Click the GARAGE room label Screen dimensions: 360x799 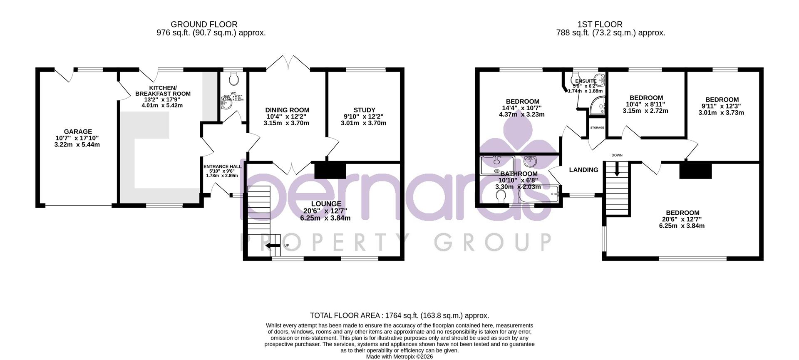point(78,132)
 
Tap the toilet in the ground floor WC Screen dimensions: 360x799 point(234,77)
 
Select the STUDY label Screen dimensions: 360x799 point(364,110)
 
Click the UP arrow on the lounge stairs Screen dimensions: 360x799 point(273,246)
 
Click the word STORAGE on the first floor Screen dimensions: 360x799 point(597,127)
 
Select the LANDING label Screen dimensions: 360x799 point(583,170)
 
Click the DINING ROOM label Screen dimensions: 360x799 point(287,110)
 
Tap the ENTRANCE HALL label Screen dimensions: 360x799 point(222,166)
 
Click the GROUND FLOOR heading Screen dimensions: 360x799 point(204,25)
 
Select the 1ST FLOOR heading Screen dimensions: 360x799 point(610,25)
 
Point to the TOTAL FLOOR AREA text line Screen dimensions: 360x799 point(399,316)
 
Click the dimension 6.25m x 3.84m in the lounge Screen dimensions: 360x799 point(325,218)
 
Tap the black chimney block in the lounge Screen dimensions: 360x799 point(330,171)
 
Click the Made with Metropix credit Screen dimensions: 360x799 point(399,357)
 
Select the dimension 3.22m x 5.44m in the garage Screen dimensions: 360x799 point(77,145)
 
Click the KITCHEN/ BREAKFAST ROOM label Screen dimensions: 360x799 point(163,91)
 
